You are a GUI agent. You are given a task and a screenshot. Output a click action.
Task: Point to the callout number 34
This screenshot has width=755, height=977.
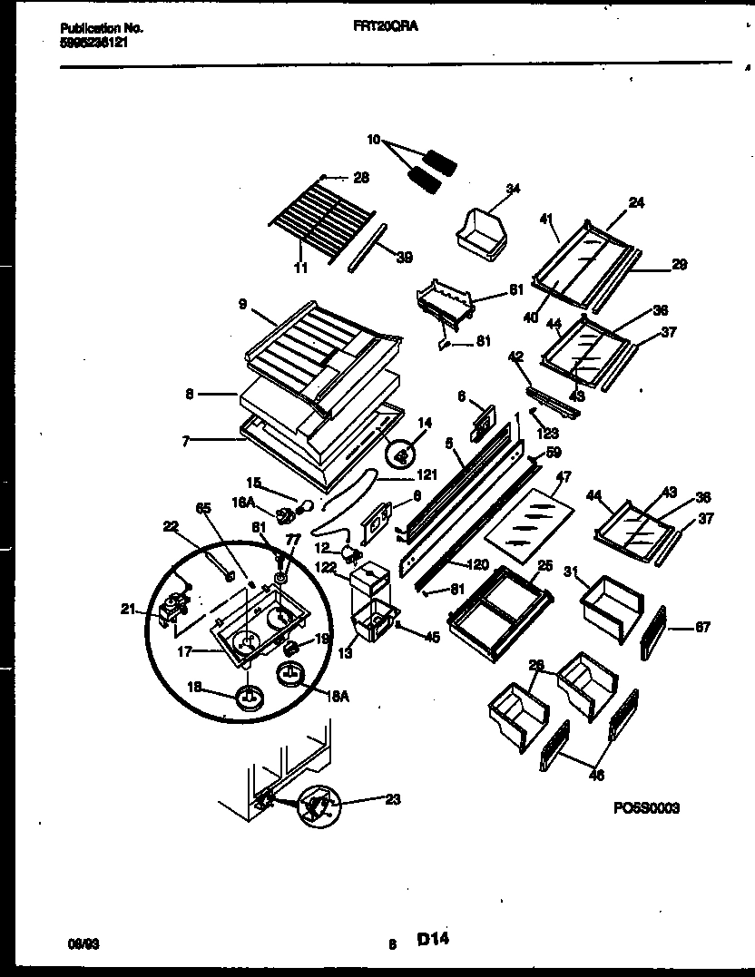coord(513,190)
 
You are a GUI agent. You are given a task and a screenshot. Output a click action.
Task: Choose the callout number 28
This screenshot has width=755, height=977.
coord(361,178)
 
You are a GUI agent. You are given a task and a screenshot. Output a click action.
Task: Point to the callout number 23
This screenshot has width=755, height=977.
coord(392,799)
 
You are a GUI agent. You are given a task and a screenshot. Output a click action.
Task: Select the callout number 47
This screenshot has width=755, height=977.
coord(563,475)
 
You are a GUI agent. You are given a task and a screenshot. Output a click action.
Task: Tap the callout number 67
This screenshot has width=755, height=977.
coord(702,627)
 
